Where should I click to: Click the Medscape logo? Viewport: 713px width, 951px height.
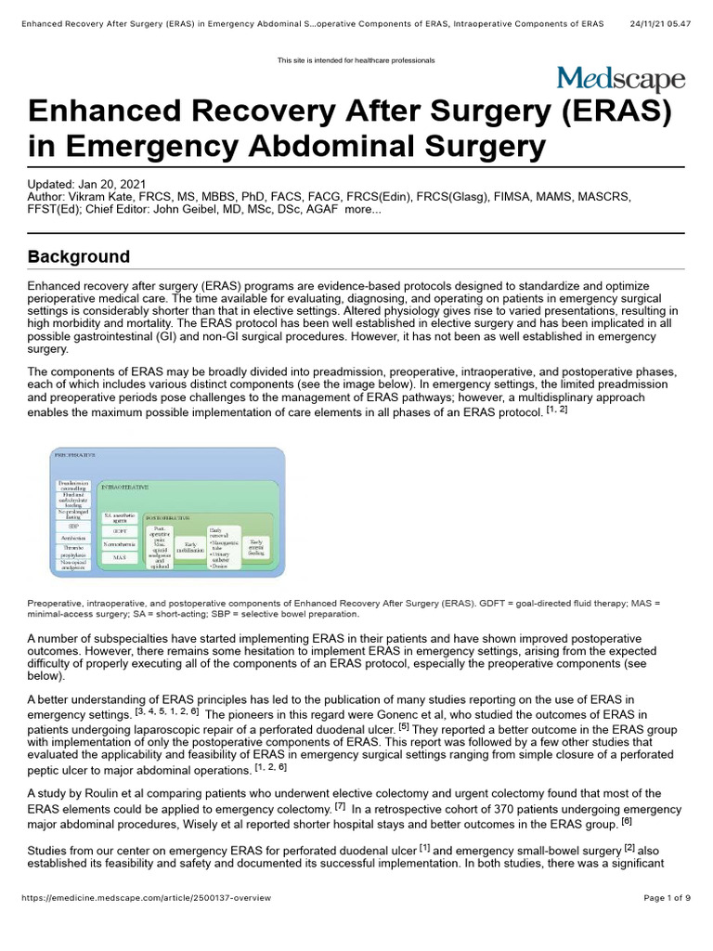pos(620,79)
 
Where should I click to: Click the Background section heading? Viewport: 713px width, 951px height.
pos(79,256)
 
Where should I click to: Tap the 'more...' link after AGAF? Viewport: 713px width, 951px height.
pos(362,209)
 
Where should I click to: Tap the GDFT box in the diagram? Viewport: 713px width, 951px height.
pos(119,531)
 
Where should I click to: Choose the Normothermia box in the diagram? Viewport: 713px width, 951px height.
pos(119,543)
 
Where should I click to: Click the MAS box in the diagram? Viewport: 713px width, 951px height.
pos(119,557)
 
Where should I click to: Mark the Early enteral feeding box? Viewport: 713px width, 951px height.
pos(256,546)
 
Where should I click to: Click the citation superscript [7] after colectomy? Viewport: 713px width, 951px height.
pos(341,805)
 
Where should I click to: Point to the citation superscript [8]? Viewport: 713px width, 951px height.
pos(627,820)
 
